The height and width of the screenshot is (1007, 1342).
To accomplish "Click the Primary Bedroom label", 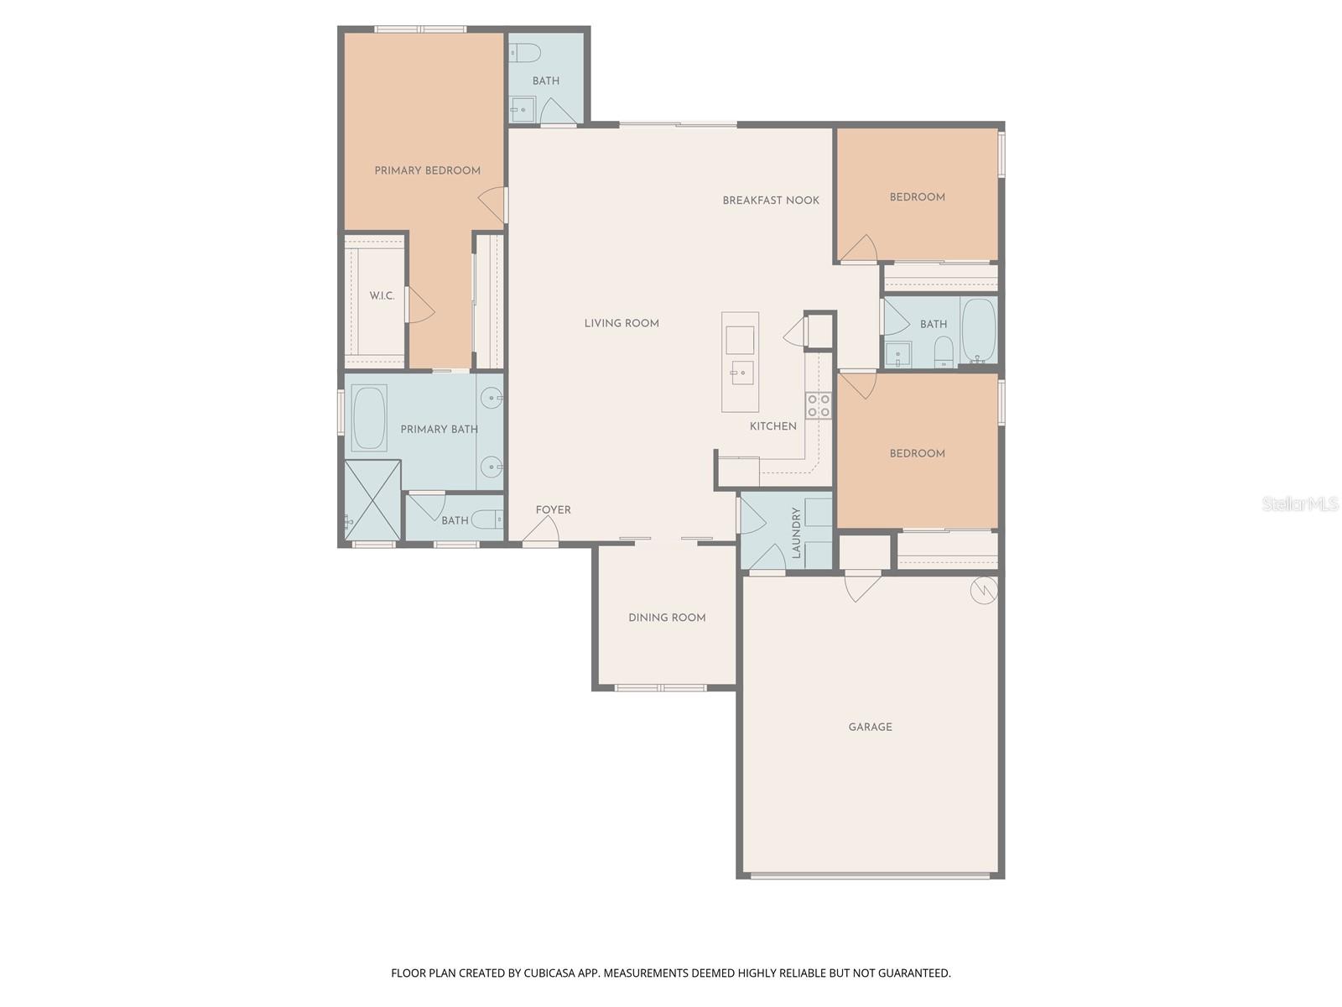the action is click(427, 170).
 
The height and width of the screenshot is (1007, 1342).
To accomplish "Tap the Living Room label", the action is click(622, 323).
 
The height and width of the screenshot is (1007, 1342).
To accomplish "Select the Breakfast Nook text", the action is click(770, 201).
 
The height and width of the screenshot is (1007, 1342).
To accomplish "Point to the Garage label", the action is click(870, 727).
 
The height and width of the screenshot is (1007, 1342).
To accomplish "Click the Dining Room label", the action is click(667, 618).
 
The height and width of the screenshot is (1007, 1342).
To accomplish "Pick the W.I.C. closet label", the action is click(382, 296).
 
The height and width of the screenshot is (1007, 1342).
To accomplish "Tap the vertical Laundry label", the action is click(796, 533).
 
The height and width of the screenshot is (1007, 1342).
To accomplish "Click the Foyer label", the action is click(553, 510).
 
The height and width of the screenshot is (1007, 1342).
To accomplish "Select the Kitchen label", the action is click(772, 426).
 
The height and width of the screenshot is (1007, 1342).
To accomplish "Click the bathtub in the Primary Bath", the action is click(369, 418).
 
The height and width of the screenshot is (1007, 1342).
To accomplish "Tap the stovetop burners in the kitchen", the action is click(819, 406).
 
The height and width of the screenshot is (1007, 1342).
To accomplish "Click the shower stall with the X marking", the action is click(372, 501).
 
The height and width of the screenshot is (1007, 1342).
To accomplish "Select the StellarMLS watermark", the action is click(1300, 504).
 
